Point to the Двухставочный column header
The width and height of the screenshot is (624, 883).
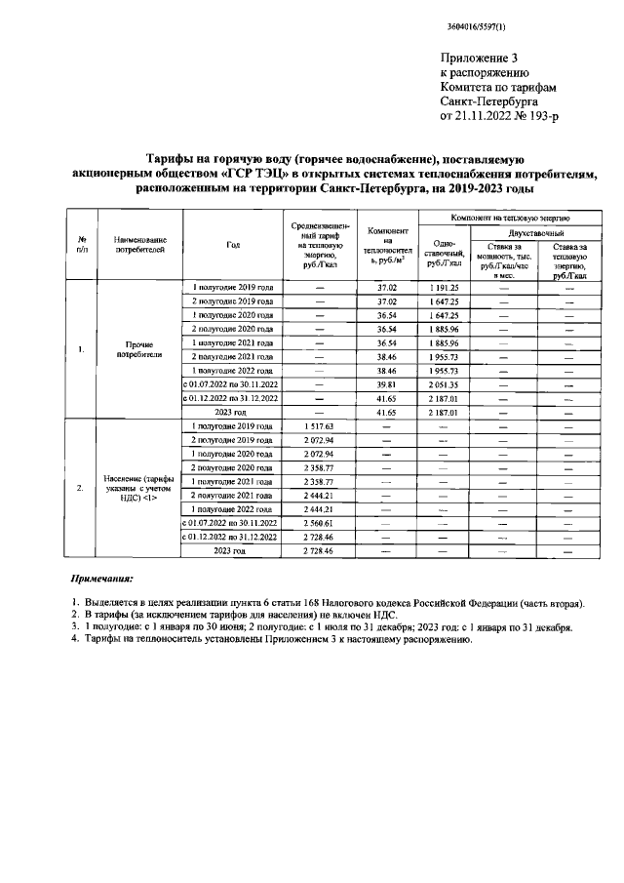click(x=533, y=233)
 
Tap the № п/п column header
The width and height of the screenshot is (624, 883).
click(x=83, y=244)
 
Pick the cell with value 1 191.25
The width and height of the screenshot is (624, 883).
click(x=444, y=289)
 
